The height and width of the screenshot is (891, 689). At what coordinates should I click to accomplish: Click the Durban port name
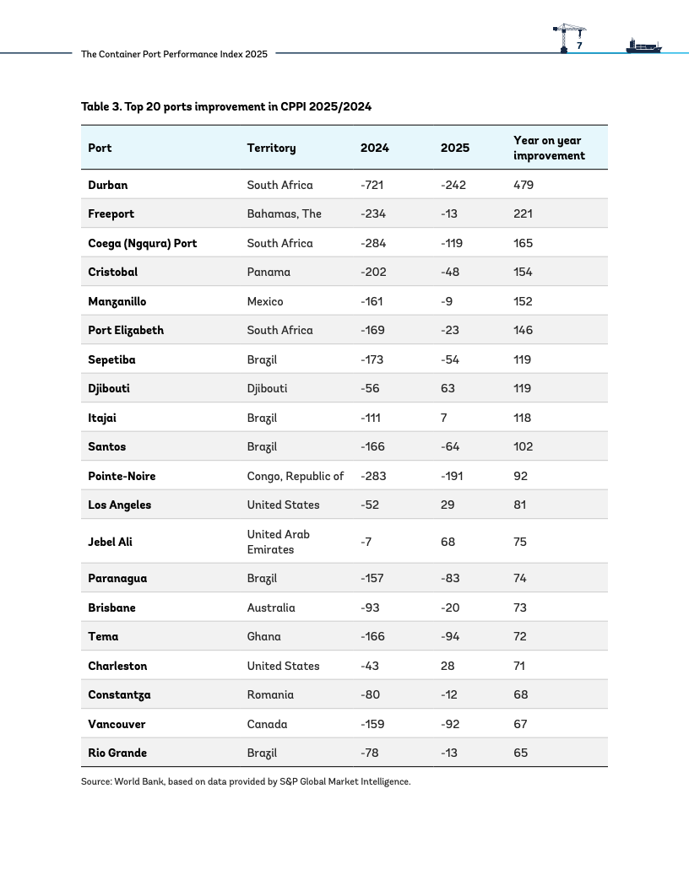108,186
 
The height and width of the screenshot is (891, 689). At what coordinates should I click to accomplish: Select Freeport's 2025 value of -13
449,214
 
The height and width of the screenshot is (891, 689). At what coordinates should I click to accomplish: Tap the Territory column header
271,148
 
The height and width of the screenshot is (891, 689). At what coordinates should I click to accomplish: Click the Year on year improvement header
549,148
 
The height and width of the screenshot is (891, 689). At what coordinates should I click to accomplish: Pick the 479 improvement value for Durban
524,186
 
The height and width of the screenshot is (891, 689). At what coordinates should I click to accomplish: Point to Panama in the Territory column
269,273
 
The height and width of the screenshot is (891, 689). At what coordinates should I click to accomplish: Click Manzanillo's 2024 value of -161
372,302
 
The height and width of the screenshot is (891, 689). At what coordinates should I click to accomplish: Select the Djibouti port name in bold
109,389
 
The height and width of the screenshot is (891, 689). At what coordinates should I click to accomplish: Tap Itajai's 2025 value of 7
444,418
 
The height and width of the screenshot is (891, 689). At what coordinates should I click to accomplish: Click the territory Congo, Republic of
295,476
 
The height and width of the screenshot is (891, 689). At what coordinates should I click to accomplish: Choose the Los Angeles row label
119,505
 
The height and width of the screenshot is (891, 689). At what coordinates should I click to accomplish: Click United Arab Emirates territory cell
278,542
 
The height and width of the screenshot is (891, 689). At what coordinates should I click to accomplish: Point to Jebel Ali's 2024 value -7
366,542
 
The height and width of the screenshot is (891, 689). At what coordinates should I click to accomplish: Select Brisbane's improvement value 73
520,608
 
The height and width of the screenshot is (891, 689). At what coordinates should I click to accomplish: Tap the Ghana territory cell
263,637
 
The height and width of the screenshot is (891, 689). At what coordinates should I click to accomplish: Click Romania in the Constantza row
270,695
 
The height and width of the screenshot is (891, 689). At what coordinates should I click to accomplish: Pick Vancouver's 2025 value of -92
450,725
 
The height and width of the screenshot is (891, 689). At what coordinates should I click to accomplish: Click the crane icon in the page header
567,38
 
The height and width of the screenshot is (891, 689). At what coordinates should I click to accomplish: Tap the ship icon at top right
643,46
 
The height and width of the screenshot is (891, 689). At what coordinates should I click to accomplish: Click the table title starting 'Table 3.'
226,107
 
